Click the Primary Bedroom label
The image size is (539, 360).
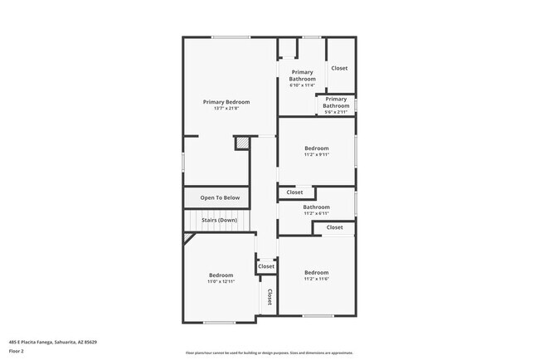point(226,102)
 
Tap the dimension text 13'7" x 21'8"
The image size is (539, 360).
point(226,109)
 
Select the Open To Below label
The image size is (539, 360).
point(220,197)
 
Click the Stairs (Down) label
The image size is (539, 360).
point(220,220)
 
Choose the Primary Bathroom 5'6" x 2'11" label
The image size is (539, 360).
point(336,102)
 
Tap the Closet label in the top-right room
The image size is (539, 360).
point(339,68)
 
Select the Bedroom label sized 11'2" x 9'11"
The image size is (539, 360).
point(316,148)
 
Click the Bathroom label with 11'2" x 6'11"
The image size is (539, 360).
point(316,207)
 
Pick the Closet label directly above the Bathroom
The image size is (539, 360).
point(294,192)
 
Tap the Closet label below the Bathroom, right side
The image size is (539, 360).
point(334,227)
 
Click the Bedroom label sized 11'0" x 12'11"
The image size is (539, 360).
point(221,275)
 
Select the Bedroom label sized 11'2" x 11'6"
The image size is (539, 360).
point(316,273)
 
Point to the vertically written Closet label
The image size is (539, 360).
point(269,297)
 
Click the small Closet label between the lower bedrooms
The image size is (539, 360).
point(266,267)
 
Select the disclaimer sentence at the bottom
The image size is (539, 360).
point(269,353)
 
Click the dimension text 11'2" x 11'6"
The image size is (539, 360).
point(316,279)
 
